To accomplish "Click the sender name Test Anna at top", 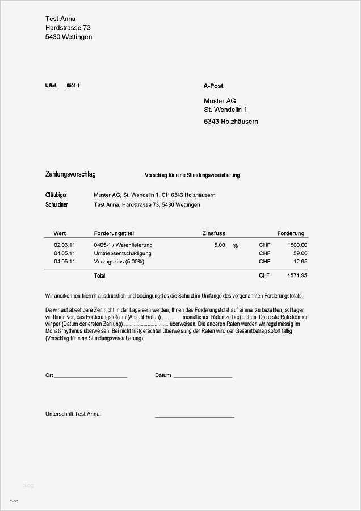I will click(60, 19).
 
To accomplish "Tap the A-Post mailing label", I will click(213, 86).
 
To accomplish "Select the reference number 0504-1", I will click(73, 86).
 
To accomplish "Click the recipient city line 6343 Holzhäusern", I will click(231, 122).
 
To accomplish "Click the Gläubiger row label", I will click(56, 195).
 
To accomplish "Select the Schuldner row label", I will click(57, 205).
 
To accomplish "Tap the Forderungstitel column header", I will click(114, 233).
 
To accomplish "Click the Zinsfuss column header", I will click(214, 233).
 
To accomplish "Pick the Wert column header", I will click(60, 233).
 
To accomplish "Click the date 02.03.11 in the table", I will click(65, 245).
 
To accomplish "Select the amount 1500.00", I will click(297, 245).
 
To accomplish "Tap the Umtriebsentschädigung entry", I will click(123, 253).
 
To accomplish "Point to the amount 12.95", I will click(300, 262).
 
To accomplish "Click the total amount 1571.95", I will click(297, 275).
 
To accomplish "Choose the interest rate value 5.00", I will click(219, 245).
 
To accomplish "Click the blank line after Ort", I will click(91, 376).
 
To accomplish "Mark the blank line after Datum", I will click(203, 376).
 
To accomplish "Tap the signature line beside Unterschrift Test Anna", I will click(194, 417).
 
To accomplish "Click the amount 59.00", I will click(300, 253).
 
